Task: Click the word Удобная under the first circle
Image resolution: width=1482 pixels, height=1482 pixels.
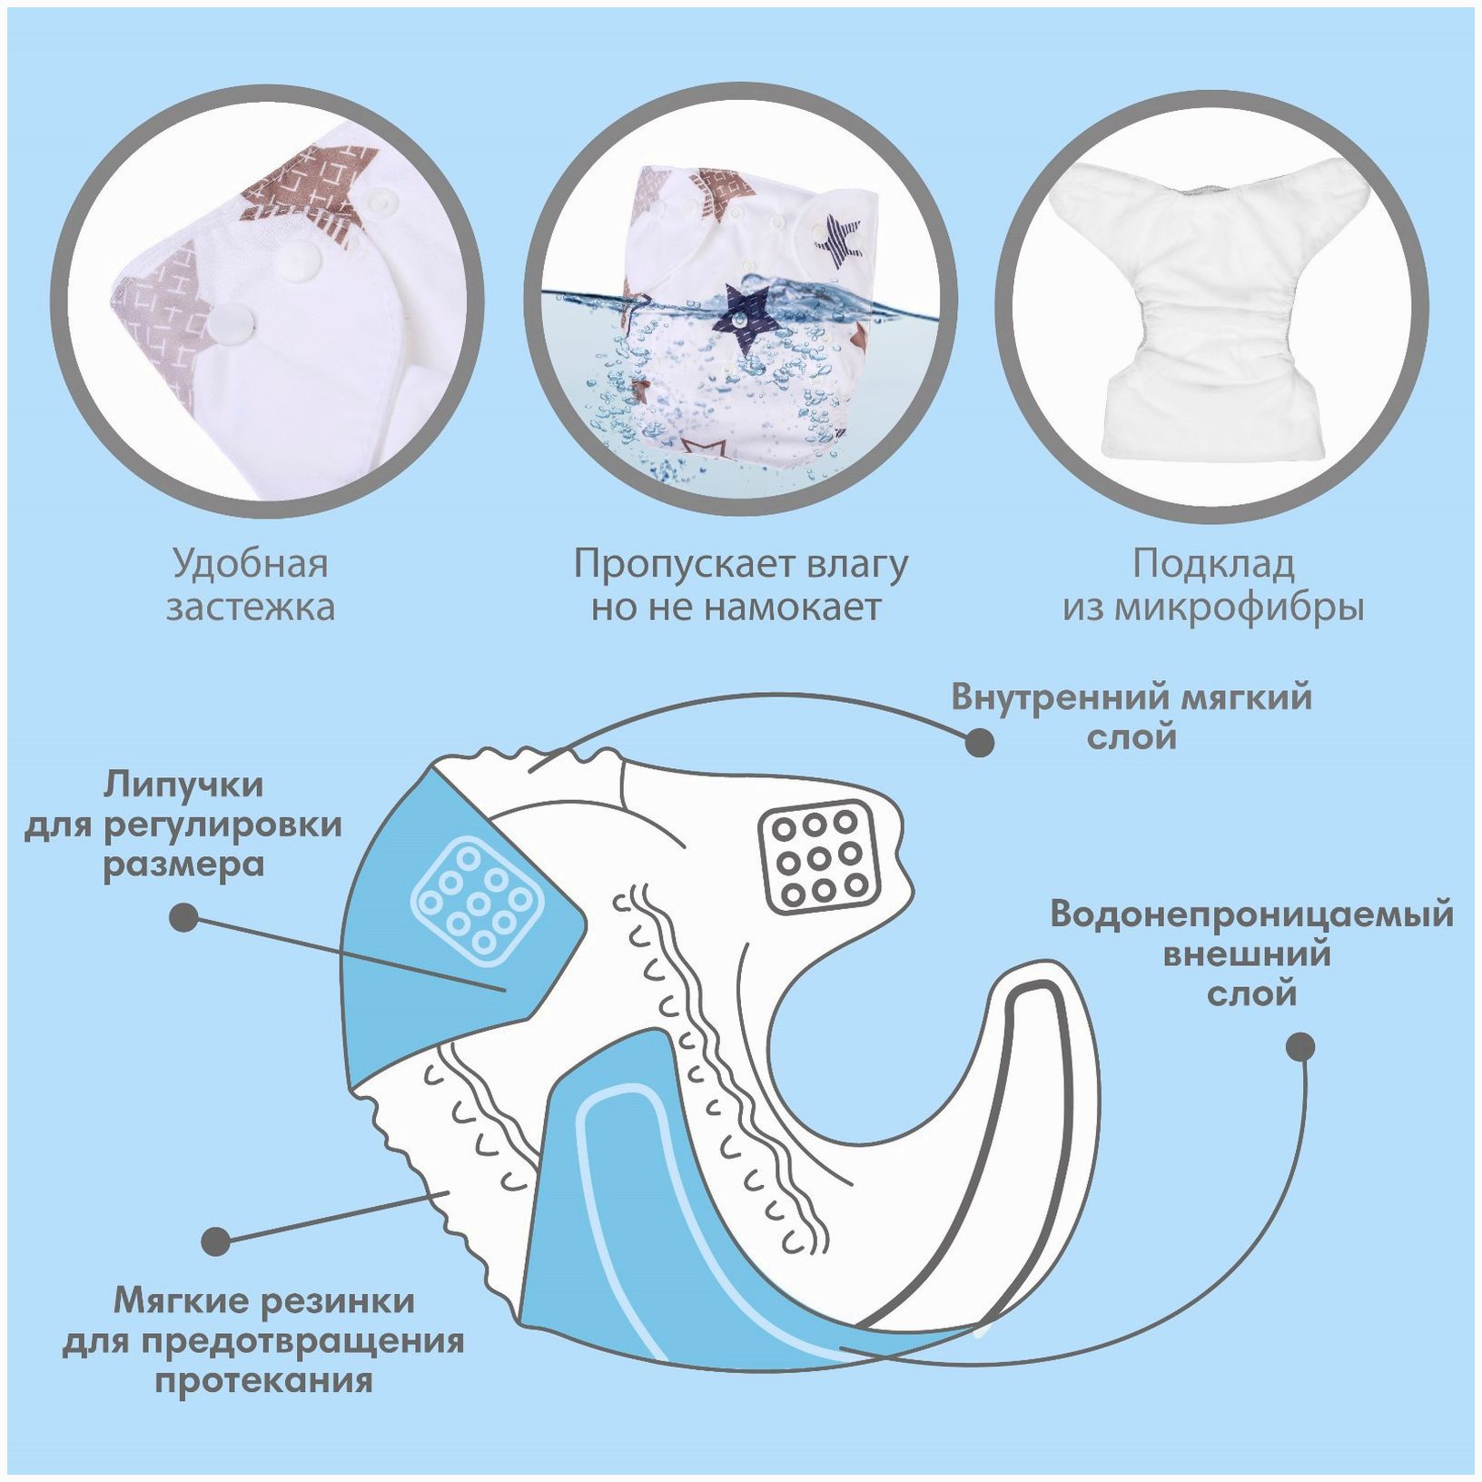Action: pyautogui.click(x=250, y=565)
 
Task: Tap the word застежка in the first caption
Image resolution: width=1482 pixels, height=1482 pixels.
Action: pyautogui.click(x=250, y=607)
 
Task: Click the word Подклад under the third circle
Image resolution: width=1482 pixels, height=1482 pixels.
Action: pyautogui.click(x=1213, y=565)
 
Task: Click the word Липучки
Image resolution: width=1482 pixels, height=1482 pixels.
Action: pyautogui.click(x=183, y=784)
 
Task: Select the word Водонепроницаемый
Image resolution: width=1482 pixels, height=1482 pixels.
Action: pyautogui.click(x=1251, y=914)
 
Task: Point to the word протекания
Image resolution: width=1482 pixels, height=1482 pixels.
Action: pyautogui.click(x=263, y=1380)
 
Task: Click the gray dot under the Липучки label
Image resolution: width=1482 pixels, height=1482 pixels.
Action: pyautogui.click(x=184, y=916)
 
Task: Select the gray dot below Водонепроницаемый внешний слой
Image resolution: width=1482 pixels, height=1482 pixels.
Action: pyautogui.click(x=1300, y=1046)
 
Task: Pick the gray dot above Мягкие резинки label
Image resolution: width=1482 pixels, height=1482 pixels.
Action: pyautogui.click(x=216, y=1240)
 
